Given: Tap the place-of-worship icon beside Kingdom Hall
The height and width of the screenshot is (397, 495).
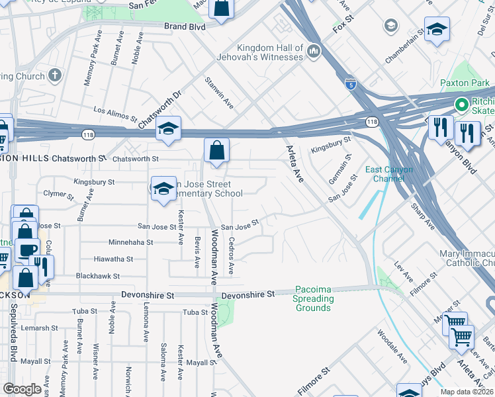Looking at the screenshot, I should [x=313, y=52].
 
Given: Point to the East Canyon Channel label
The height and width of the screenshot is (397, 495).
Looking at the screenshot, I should [x=390, y=174].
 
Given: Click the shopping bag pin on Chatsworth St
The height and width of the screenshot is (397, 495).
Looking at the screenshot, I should [x=216, y=151].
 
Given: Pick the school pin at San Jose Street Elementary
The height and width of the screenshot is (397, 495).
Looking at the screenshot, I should [x=163, y=190].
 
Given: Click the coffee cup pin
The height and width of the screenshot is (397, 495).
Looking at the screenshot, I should [x=27, y=250].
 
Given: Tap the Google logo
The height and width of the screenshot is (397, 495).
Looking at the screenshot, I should [x=22, y=389].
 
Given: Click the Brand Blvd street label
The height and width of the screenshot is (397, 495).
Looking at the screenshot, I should [x=185, y=26].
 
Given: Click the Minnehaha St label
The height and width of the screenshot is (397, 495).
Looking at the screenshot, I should [x=131, y=243].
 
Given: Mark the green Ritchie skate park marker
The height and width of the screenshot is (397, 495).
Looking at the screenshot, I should [x=461, y=105].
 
